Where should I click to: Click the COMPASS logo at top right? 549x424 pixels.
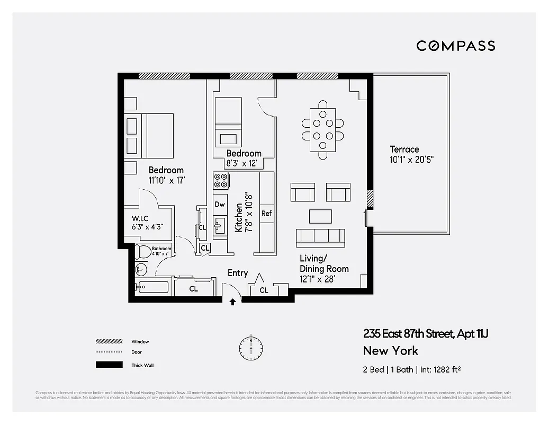pos(455,46)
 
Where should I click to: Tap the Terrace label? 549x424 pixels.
pos(404,149)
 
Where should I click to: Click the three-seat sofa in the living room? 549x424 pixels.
pos(320,237)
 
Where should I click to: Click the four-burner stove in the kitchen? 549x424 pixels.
pos(221,181)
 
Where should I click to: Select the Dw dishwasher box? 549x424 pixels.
pos(220,205)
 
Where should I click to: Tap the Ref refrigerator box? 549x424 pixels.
pos(266,213)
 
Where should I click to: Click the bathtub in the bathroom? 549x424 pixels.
pos(151,288)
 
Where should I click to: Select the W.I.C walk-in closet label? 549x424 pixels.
pos(140,218)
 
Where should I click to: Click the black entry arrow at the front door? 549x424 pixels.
pos(232,302)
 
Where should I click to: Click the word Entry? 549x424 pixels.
pos(238,273)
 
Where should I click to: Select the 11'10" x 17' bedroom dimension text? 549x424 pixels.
pos(166,180)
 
